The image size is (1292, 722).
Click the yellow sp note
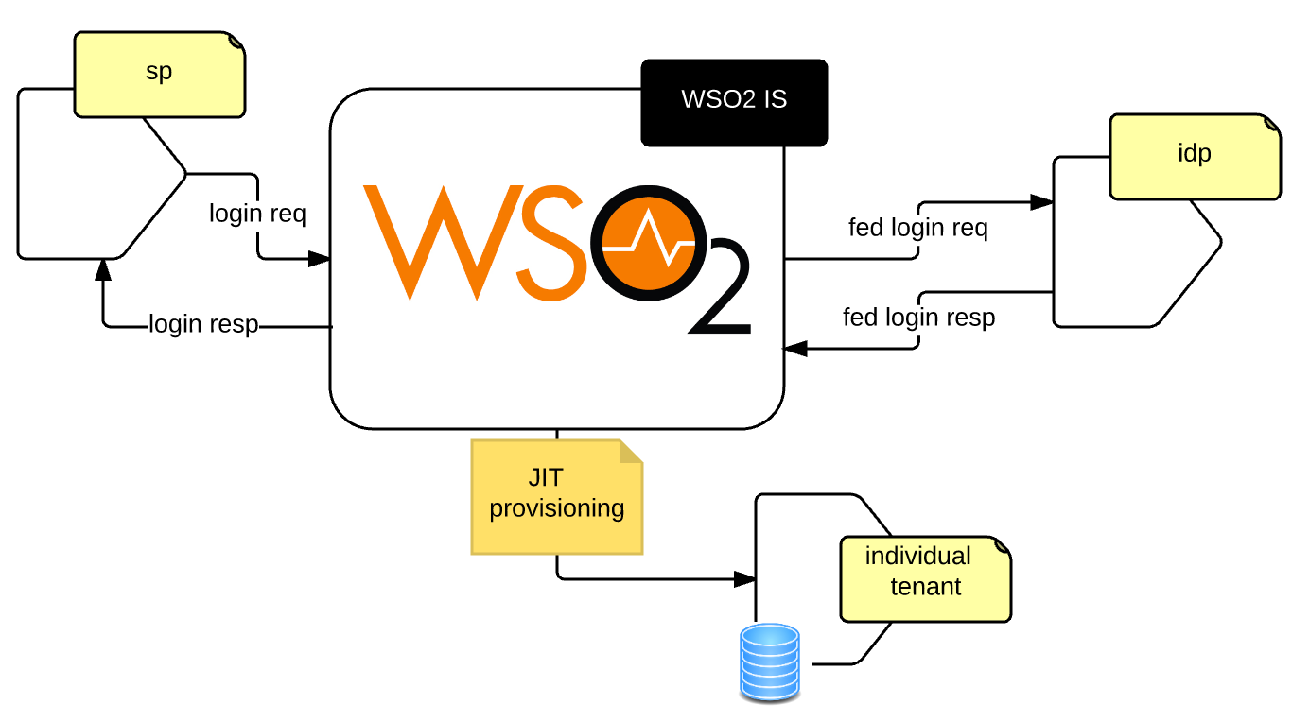click(x=159, y=74)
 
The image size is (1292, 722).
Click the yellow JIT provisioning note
click(x=556, y=495)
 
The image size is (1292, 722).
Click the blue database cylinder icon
click(x=770, y=662)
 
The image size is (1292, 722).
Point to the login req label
click(x=257, y=214)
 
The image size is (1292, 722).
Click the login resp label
click(x=203, y=324)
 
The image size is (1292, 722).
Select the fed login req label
click(x=918, y=228)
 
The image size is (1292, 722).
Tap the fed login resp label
click(x=918, y=318)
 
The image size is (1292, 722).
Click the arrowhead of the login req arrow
click(x=320, y=258)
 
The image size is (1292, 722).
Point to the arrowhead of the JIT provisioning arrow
click(x=745, y=578)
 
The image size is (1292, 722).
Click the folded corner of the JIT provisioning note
click(x=630, y=452)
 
